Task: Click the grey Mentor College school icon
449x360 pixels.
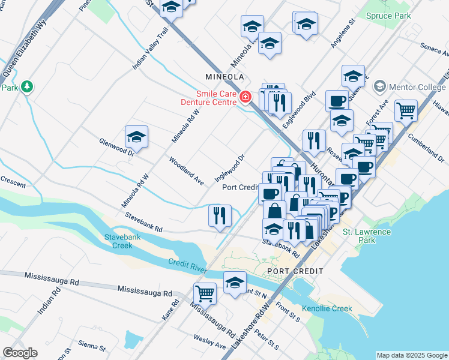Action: (x=379, y=88)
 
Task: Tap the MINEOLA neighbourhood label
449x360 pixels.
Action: (x=224, y=77)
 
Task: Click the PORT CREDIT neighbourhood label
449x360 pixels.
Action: (x=293, y=271)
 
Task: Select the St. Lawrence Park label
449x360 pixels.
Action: (x=366, y=236)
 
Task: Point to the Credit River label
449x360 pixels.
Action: (x=188, y=265)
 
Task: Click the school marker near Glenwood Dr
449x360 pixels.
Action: (x=136, y=137)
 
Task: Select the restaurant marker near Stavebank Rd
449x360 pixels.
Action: (x=220, y=215)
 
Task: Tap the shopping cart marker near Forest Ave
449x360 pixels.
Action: (x=406, y=110)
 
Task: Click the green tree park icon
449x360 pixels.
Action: (x=27, y=88)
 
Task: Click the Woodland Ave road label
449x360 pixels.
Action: (x=187, y=171)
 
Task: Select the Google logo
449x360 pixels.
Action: (x=20, y=353)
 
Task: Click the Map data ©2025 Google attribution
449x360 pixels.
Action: (x=411, y=355)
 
